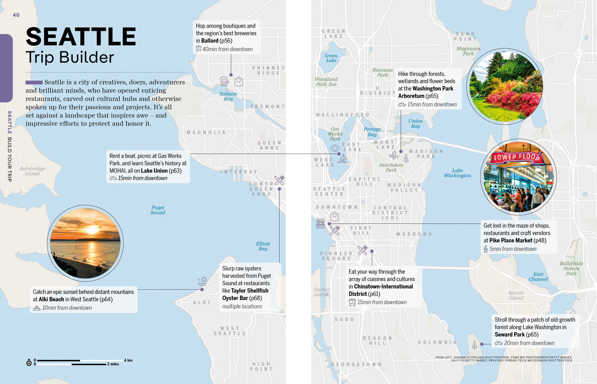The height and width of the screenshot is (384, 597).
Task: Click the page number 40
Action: coord(16,15)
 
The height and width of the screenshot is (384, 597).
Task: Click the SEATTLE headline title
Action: coord(81,37)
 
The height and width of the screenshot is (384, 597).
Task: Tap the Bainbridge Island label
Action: coord(32,171)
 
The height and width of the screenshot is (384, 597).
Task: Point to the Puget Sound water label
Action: coord(158,210)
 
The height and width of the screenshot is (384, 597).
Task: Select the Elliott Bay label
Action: coord(263,246)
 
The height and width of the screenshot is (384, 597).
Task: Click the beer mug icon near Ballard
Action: coord(224,81)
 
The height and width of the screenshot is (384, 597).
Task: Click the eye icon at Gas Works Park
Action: coord(335,148)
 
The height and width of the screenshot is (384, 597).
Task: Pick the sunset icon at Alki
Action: coord(203,281)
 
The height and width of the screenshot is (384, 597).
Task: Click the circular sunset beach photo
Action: coord(85,243)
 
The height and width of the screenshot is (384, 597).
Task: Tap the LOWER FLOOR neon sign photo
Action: coord(518,177)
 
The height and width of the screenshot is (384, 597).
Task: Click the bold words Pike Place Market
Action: coord(511,241)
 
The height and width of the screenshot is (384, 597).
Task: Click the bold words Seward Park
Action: coord(510,335)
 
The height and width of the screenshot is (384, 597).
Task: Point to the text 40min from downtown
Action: coord(227,49)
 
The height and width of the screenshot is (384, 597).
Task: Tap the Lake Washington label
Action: coord(457,173)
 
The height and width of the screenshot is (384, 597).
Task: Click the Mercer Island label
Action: coord(516,296)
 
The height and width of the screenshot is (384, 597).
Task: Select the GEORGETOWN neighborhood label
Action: coord(356,364)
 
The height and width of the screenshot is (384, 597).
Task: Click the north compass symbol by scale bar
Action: coord(29,362)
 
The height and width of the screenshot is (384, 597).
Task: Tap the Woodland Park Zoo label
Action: coord(326,82)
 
